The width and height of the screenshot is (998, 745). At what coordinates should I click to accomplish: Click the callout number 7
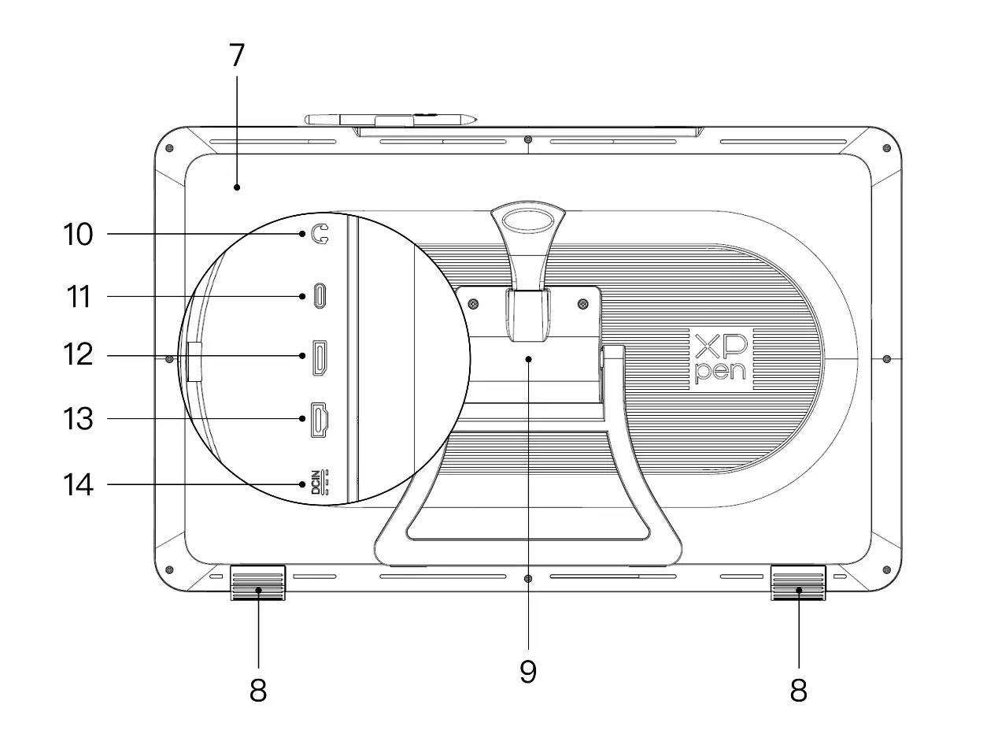pos(237,55)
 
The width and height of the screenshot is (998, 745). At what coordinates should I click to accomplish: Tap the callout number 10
pos(78,235)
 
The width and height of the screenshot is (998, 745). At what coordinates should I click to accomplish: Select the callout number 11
pos(79,297)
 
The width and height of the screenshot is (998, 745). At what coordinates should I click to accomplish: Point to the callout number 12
pos(78,354)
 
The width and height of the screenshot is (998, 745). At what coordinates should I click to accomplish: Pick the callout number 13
pos(78,418)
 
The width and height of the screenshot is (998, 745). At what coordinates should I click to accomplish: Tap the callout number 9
pos(528,671)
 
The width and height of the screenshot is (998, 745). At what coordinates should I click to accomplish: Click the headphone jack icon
pos(320,234)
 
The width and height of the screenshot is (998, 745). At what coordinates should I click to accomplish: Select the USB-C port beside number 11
pos(320,296)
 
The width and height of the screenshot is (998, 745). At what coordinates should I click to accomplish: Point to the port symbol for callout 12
pos(320,358)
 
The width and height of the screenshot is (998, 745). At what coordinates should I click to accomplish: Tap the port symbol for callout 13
pos(320,420)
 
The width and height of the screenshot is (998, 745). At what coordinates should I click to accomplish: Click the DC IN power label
pos(320,482)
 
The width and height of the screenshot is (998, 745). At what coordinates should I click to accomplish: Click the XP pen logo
pos(721,358)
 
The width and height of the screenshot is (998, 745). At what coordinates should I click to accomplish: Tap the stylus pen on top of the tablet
pos(390,120)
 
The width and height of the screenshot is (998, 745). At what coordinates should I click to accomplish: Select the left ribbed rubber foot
pos(258,583)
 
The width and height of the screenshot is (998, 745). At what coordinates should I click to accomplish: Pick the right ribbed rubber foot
pos(798,583)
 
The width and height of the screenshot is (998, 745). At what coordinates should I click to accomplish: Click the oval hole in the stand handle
pos(528,221)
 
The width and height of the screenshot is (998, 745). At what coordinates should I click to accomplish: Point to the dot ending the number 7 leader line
pos(237,187)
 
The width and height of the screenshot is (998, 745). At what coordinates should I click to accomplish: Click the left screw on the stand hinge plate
pos(473,303)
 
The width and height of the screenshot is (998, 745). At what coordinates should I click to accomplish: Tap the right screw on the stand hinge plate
pos(582,303)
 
